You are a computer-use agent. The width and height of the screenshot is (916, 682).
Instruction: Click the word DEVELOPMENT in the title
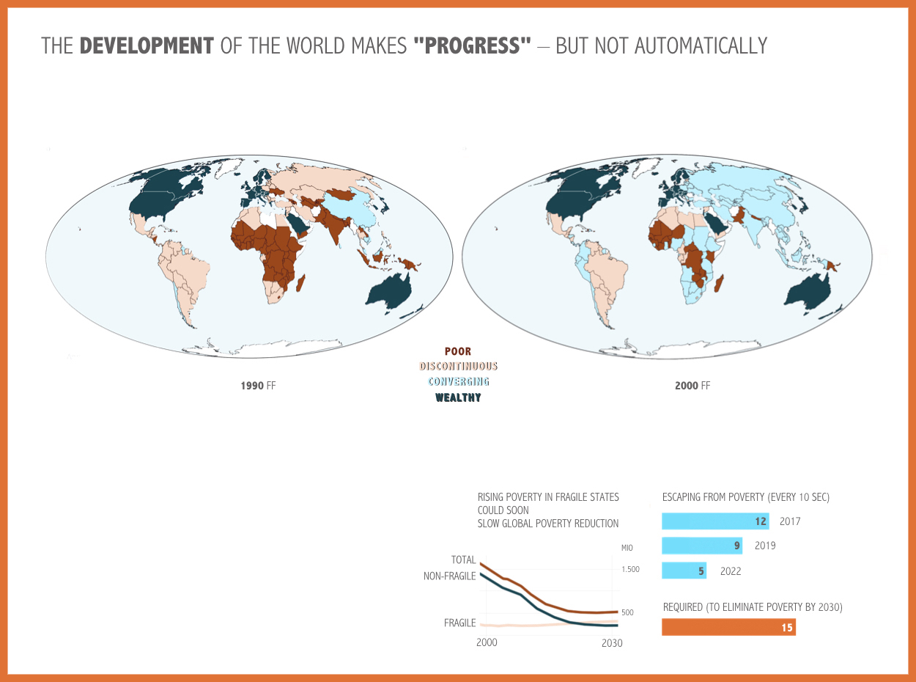(147, 45)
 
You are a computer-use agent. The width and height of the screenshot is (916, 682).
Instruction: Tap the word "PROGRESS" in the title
(472, 45)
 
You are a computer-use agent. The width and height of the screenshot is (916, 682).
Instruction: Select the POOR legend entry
(458, 352)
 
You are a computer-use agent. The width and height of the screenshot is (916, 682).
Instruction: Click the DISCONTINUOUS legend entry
(458, 366)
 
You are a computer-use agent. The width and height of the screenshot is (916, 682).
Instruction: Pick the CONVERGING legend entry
(458, 381)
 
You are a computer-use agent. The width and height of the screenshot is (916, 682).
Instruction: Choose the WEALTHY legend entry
(458, 397)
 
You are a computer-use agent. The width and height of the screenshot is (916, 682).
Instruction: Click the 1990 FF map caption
(258, 385)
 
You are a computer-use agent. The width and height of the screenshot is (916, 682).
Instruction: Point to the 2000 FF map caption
(692, 385)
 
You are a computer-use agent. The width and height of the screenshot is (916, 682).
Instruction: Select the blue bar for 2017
(715, 521)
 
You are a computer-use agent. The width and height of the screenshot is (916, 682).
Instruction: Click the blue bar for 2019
(702, 546)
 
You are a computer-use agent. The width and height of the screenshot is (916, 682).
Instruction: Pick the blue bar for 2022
(684, 571)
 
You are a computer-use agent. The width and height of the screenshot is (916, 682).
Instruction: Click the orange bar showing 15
(728, 628)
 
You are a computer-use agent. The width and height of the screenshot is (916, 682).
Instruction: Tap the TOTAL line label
(463, 560)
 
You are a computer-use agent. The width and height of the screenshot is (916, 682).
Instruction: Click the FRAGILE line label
(459, 623)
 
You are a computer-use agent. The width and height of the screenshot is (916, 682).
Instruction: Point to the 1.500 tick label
(630, 569)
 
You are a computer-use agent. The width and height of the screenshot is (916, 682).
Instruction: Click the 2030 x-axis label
(612, 643)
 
